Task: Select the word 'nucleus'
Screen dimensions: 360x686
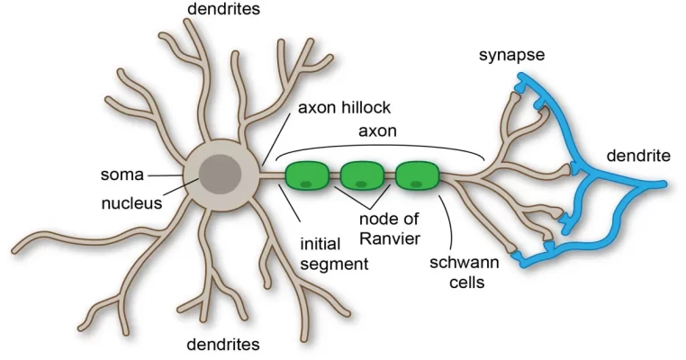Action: coord(131,202)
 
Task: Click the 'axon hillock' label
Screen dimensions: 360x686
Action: coord(343,107)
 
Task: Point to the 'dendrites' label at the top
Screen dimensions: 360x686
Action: coord(222,10)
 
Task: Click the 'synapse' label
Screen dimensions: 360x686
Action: coord(510,56)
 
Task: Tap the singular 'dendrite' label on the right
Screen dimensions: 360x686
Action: coord(637,156)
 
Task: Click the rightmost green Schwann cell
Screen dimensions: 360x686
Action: coord(417,175)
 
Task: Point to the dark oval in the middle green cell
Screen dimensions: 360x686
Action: coord(361,184)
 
